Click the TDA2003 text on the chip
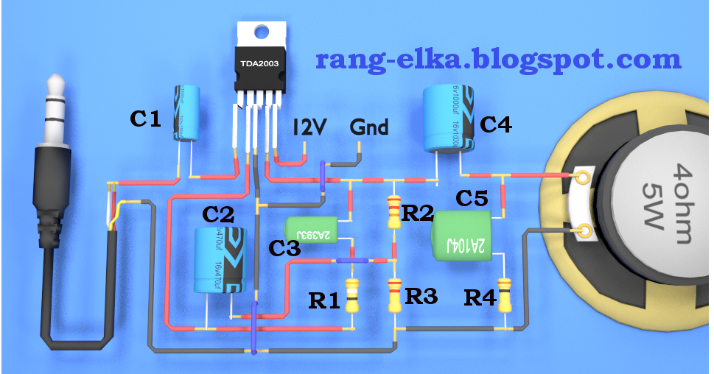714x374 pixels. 259,65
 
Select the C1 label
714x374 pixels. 145,118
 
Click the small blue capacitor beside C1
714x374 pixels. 186,111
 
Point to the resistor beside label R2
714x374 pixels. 393,211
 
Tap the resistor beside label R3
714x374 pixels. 394,294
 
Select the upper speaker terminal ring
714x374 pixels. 581,177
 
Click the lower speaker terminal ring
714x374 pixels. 585,231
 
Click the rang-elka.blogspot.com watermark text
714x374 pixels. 498,58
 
